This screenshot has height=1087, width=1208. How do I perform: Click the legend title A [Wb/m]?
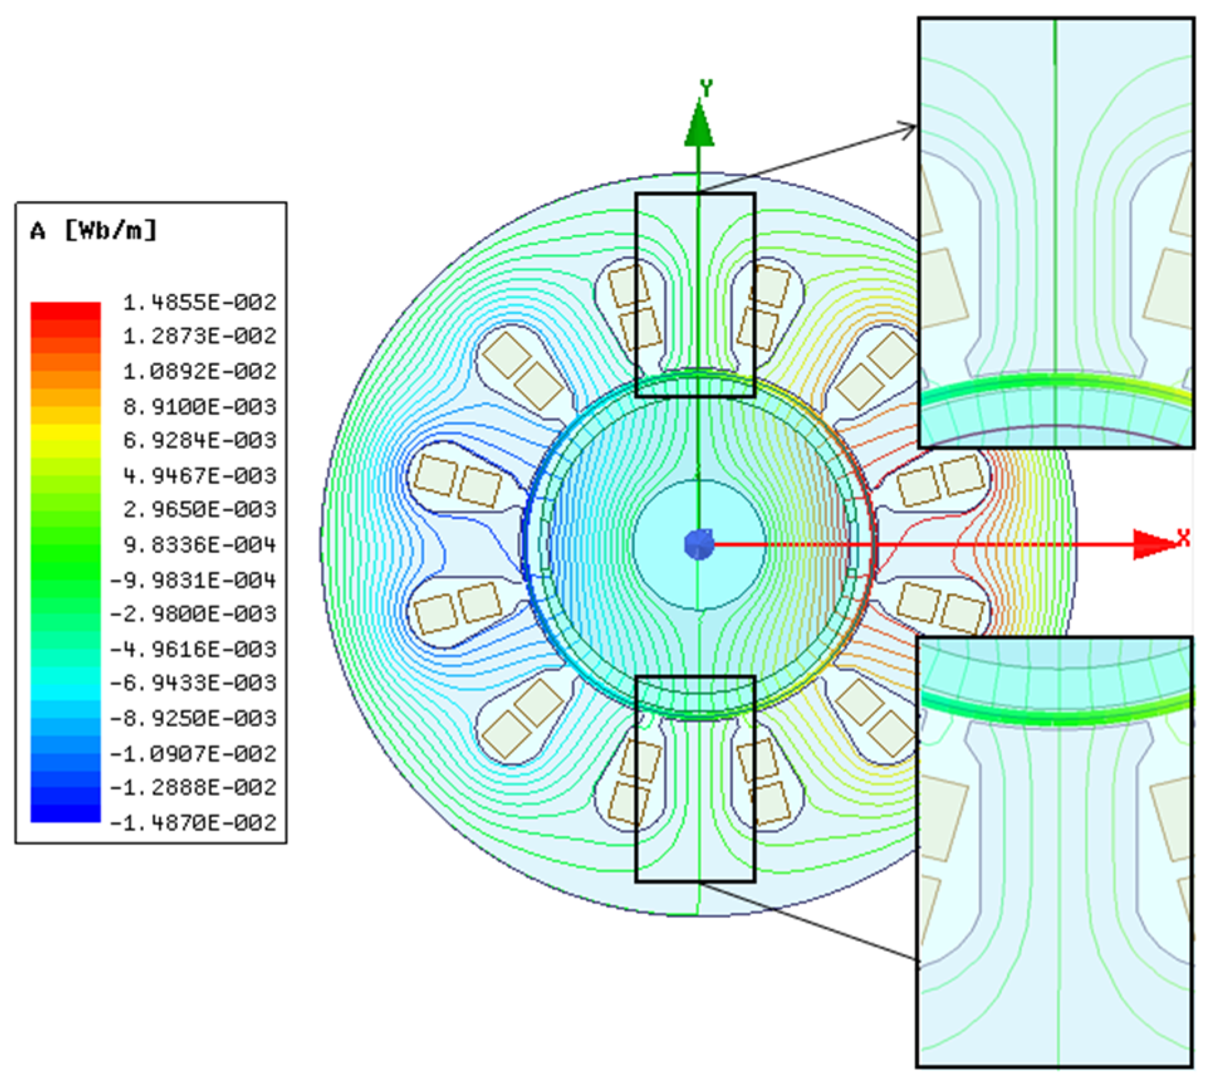pos(93,231)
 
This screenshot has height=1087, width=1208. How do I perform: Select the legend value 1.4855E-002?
pos(200,303)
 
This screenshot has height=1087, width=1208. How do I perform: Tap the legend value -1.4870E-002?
pos(193,822)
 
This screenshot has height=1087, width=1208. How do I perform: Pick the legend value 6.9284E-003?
pos(200,440)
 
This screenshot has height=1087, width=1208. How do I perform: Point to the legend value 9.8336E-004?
pos(200,544)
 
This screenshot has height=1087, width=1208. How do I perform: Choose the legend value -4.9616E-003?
pos(193,648)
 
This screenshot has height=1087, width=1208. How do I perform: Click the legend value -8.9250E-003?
pos(193,718)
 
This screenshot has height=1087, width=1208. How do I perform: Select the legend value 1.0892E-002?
pos(200,371)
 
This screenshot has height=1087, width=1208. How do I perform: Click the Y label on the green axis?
pos(707,88)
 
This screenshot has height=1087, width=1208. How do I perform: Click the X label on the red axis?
pos(1184,537)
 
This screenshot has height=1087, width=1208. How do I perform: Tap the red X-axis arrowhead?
pos(1153,544)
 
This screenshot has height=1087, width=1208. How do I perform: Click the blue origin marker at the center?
pos(699,544)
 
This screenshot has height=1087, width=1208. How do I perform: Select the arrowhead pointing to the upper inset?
pos(908,128)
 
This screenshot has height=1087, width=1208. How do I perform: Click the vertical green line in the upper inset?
pos(1055,188)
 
